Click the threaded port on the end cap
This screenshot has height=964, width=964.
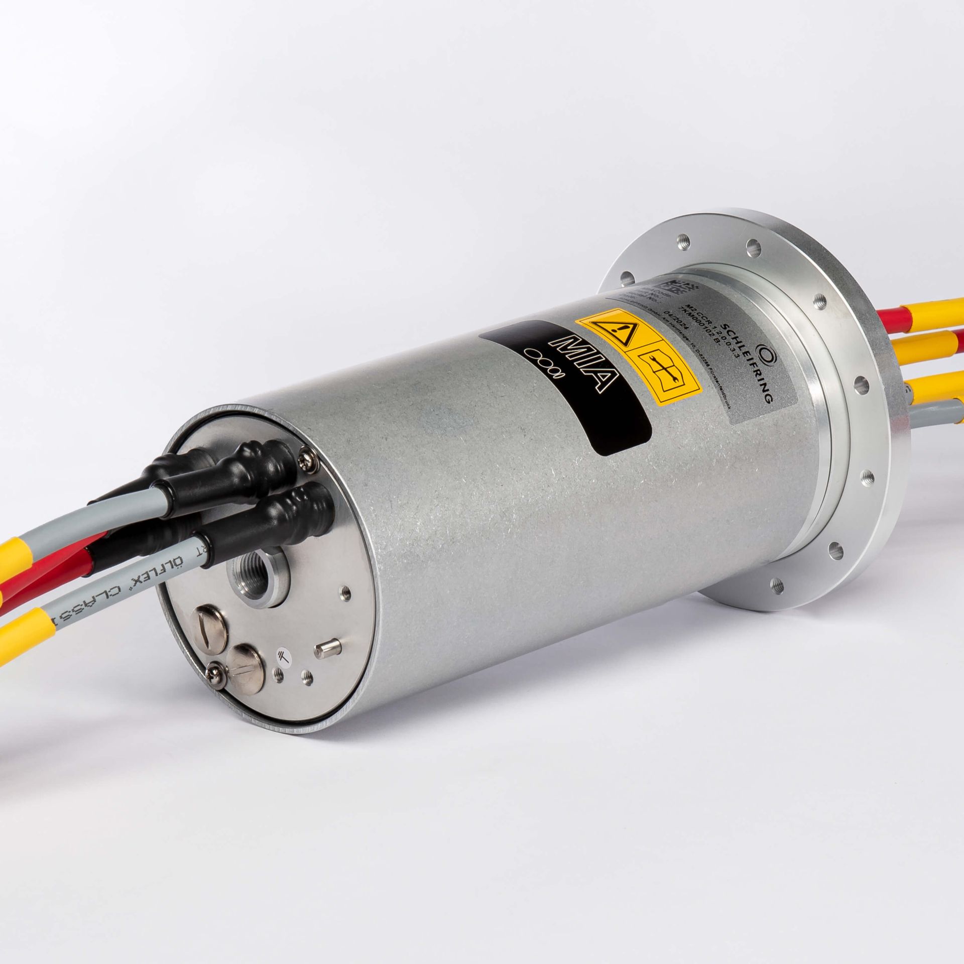(258, 572)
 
